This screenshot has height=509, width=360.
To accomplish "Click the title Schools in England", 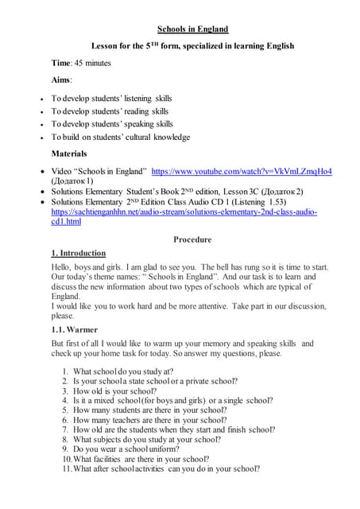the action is (x=193, y=29).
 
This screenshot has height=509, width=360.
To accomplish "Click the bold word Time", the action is (x=61, y=63).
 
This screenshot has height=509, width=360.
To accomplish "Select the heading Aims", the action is (x=61, y=80).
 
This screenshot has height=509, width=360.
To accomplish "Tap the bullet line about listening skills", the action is (x=110, y=99).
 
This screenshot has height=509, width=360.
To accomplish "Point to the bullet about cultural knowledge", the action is (x=120, y=137).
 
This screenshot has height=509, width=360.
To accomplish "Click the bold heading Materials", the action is (x=69, y=153).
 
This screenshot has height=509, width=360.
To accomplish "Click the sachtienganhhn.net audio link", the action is (x=184, y=212).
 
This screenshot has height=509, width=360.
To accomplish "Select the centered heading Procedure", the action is (x=192, y=239).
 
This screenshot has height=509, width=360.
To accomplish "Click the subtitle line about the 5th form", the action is (x=192, y=46).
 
